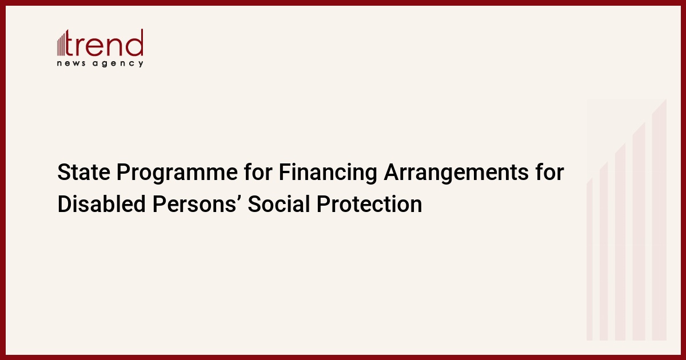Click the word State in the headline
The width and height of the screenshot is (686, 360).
[x=83, y=172]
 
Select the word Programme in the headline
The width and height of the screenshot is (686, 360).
[x=177, y=174]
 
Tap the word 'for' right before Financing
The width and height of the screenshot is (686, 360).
[x=258, y=171]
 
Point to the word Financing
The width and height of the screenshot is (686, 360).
[x=328, y=173]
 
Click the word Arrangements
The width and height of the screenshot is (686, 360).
[x=456, y=174]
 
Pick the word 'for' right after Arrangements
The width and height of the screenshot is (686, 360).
[x=550, y=171]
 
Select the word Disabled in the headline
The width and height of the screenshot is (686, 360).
[x=101, y=203]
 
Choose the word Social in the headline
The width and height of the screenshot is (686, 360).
[x=279, y=203]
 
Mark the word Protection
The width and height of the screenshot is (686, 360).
[x=369, y=203]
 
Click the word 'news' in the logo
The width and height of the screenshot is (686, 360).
[x=71, y=63]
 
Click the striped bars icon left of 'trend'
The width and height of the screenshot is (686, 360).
[x=61, y=43]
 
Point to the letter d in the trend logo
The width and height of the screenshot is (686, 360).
[x=135, y=42]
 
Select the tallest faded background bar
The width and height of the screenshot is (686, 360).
[x=659, y=220]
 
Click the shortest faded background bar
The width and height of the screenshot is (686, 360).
[x=589, y=259]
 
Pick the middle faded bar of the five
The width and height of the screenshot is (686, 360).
[x=620, y=242]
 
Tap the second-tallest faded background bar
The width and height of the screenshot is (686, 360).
[x=639, y=232]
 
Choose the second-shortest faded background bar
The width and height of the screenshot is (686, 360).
[x=604, y=251]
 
